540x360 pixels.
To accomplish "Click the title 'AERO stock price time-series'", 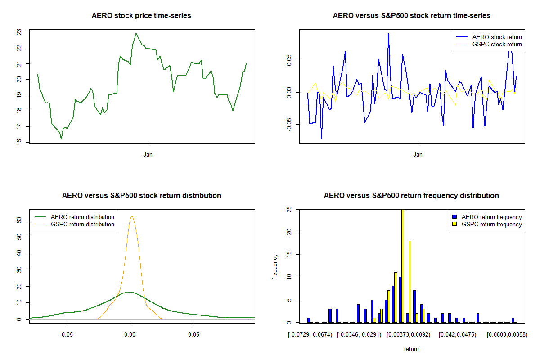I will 141,16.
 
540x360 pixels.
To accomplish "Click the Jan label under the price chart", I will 148,155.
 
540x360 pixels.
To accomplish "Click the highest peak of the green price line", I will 136,33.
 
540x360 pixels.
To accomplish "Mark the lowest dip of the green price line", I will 61,139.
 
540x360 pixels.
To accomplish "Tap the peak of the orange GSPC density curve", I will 132,217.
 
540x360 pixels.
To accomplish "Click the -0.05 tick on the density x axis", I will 67,335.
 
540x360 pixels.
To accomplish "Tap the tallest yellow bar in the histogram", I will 402,265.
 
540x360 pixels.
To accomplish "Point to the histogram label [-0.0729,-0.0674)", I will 310,335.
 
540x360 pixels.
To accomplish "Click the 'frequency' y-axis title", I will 275,266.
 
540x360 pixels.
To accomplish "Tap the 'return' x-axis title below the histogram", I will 411,349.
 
